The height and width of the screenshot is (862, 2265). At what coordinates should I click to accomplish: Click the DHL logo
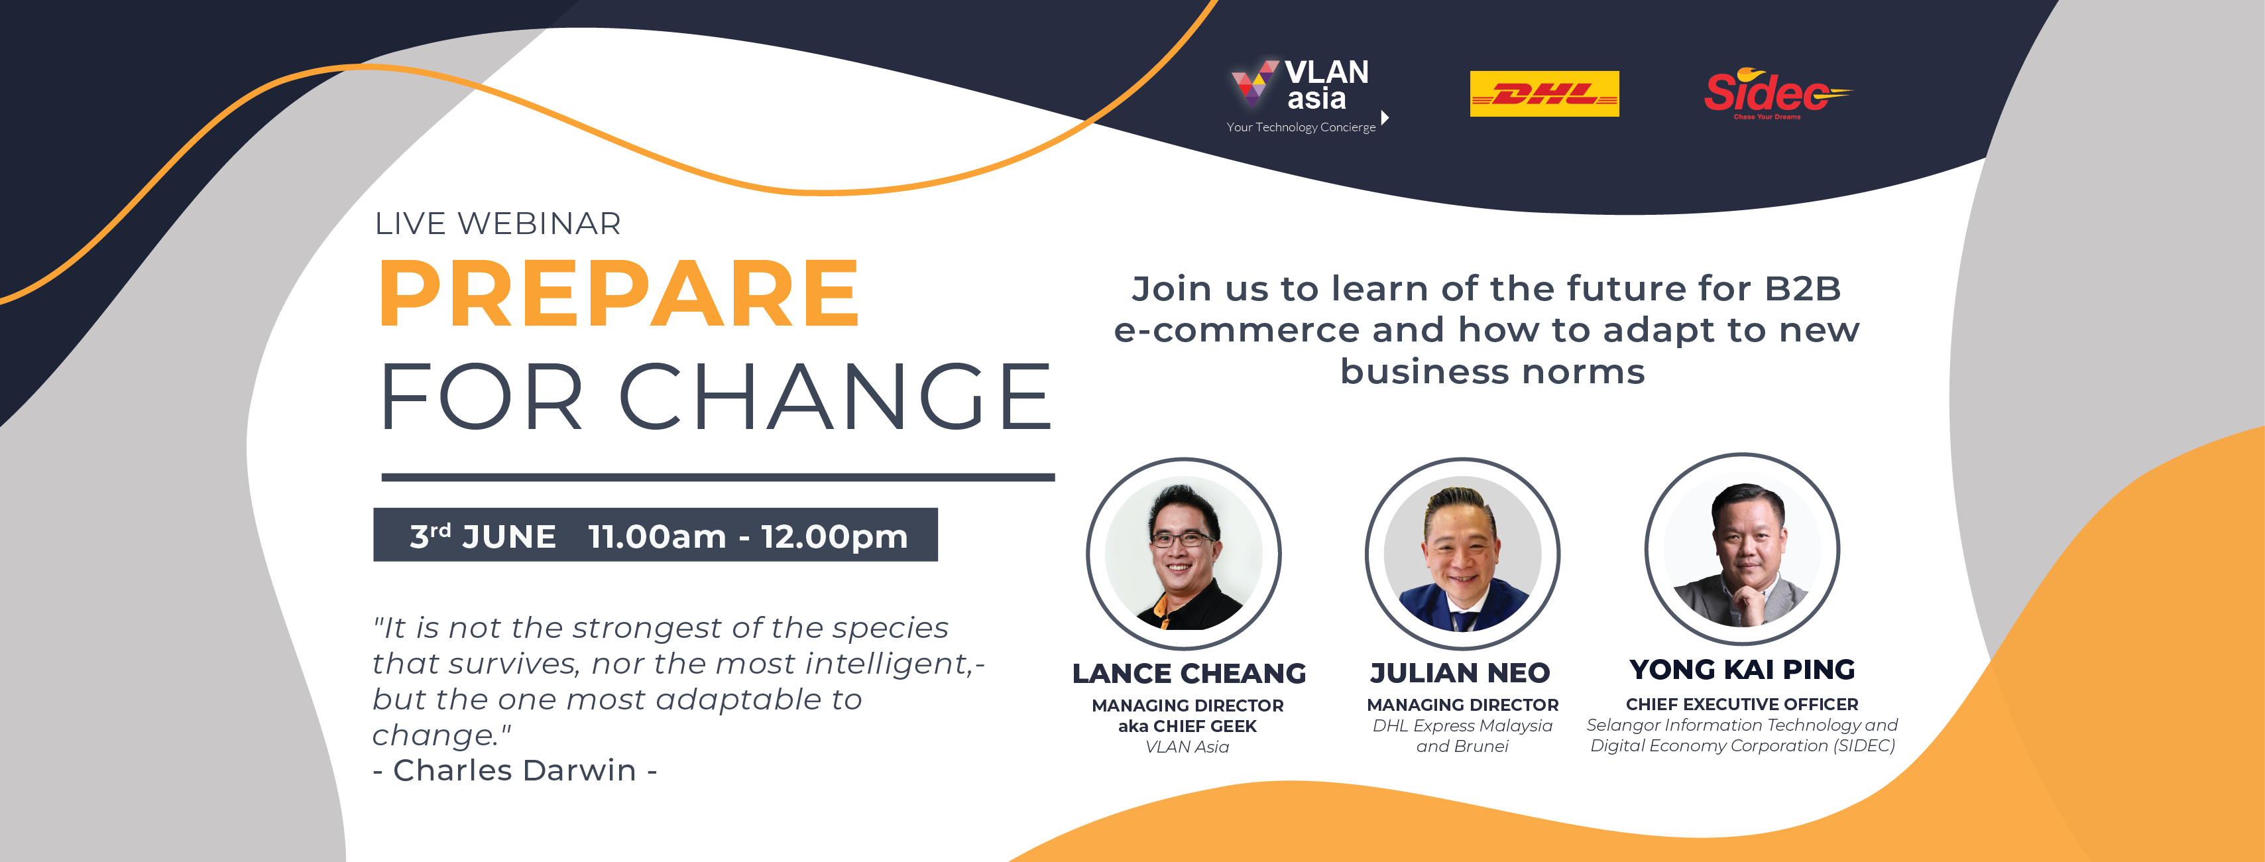point(1544,93)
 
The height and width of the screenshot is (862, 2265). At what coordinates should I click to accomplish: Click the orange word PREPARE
point(619,293)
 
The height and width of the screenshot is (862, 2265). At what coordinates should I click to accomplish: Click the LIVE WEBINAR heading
point(498,223)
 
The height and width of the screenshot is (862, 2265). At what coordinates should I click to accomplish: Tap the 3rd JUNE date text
point(483,536)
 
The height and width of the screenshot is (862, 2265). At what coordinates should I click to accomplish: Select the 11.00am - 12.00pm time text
point(748,536)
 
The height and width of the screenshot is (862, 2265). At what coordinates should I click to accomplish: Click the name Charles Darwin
point(514,770)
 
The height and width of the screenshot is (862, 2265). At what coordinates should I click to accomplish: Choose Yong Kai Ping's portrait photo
point(1742,550)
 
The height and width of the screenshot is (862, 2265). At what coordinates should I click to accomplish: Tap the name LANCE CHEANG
point(1189,673)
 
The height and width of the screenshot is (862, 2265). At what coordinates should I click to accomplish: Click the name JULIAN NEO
point(1460,673)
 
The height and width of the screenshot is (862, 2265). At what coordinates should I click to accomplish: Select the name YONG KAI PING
point(1742,669)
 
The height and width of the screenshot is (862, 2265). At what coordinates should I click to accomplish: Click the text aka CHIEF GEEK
point(1187,725)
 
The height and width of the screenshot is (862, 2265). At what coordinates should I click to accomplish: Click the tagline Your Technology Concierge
point(1301,127)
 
